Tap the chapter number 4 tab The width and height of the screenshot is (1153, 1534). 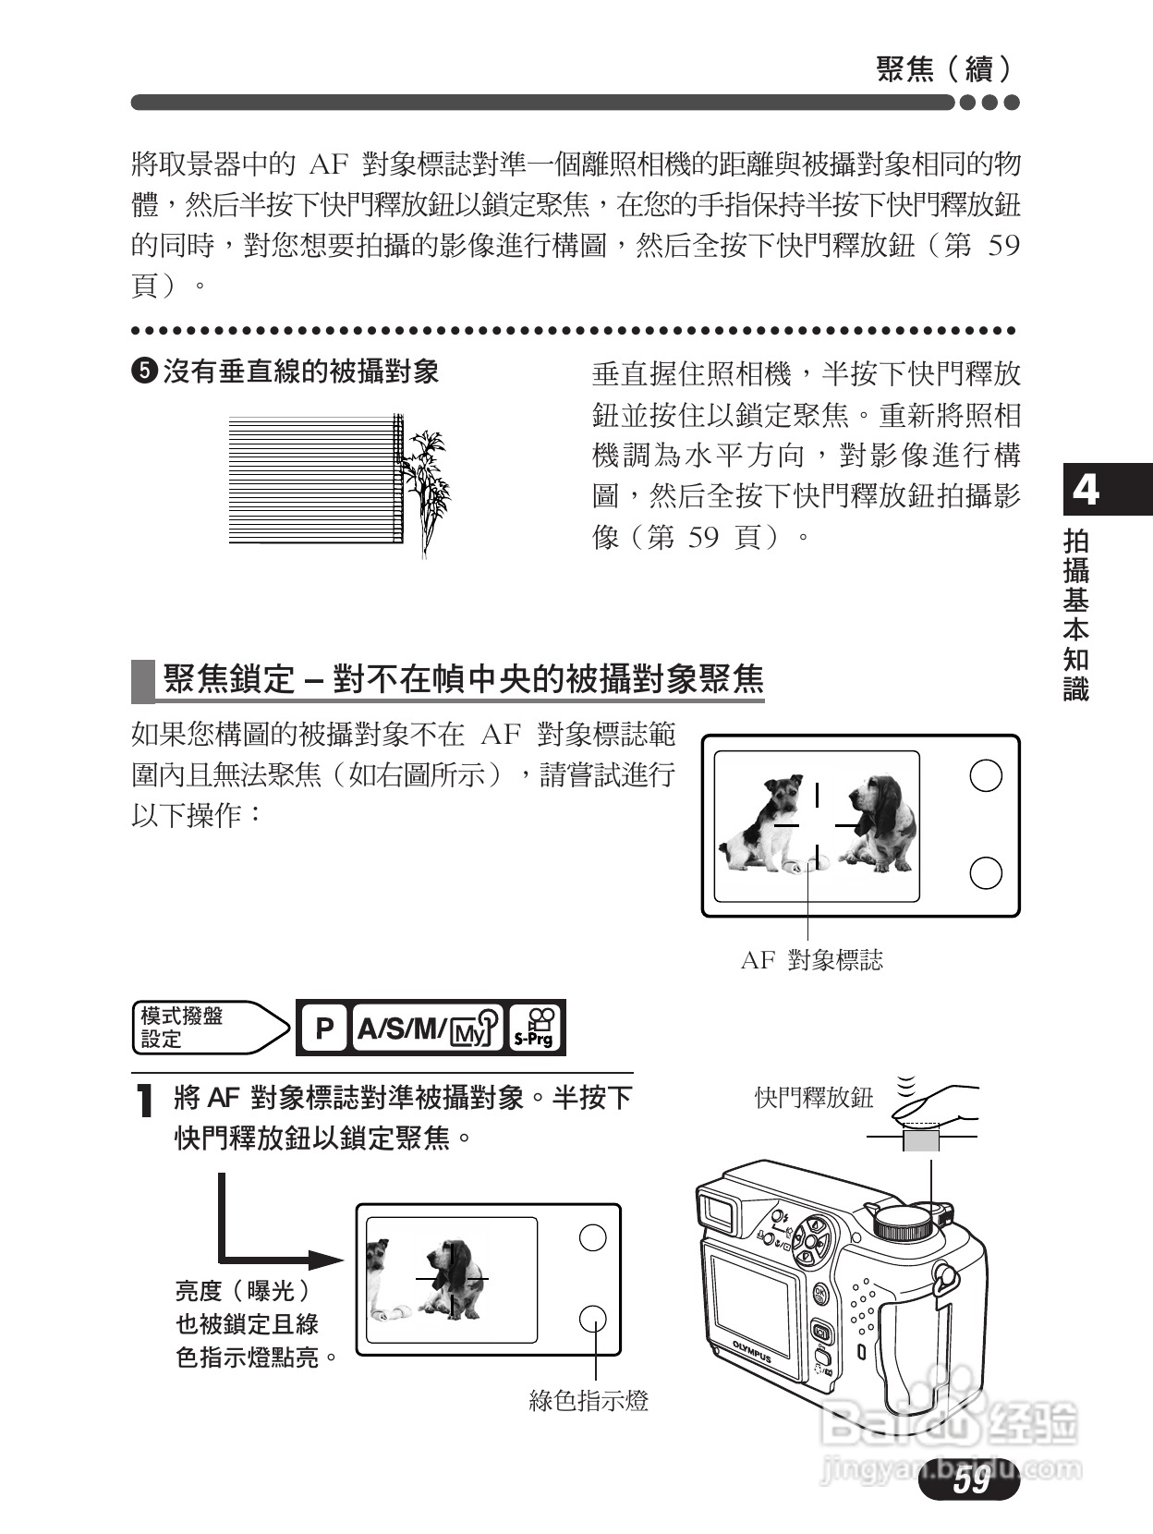(1086, 488)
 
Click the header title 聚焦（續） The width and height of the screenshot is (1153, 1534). (943, 68)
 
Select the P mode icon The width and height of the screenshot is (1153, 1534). (323, 1028)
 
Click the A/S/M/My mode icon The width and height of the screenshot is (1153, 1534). (428, 1028)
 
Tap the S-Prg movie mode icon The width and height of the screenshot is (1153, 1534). (535, 1028)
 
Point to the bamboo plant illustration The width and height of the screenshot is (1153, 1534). (428, 485)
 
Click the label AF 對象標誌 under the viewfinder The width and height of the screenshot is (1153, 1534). (811, 960)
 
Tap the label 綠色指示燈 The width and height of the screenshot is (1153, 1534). (589, 1401)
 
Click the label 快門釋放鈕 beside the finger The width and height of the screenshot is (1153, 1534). (813, 1098)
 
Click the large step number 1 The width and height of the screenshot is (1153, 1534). (143, 1101)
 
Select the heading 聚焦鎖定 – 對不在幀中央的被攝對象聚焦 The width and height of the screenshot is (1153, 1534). (463, 679)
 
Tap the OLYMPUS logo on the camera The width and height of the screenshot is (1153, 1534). (752, 1350)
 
